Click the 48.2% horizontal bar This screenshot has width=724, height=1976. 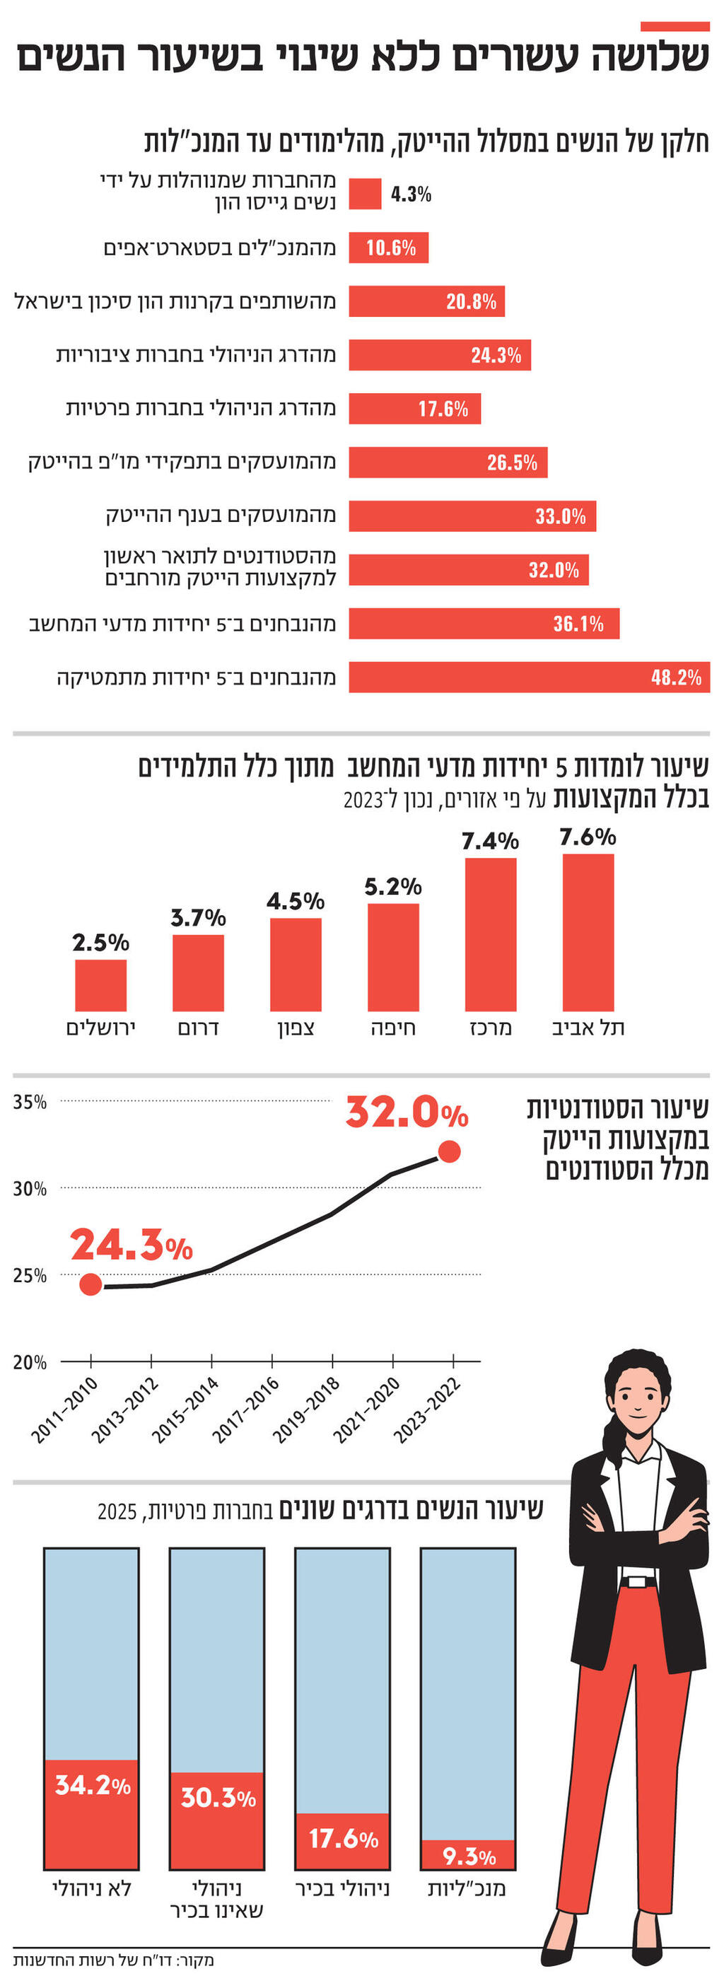click(529, 677)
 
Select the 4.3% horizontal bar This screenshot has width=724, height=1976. click(365, 193)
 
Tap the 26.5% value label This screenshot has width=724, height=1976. click(512, 463)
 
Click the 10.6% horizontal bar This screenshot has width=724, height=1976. click(389, 248)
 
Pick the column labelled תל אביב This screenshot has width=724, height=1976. click(588, 932)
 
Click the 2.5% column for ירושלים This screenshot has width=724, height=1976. click(100, 985)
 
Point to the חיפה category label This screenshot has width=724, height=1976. click(392, 1028)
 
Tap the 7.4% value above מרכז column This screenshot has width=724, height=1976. click(490, 842)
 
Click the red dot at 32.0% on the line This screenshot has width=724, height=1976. click(449, 1151)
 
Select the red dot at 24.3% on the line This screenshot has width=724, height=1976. click(90, 1284)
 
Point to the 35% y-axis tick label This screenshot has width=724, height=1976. click(30, 1103)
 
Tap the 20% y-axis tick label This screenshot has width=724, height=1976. click(30, 1363)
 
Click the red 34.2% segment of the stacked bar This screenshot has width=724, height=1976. click(91, 1814)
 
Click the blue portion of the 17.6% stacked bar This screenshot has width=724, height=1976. click(343, 1680)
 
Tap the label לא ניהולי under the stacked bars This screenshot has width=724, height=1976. click(91, 1888)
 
